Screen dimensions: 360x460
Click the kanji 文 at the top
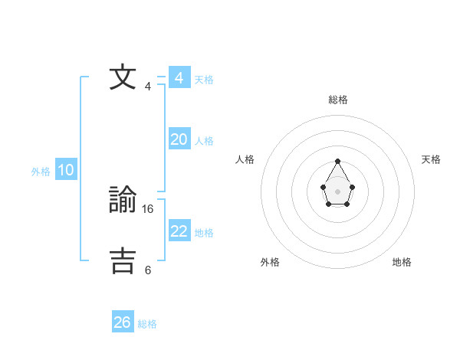(123, 78)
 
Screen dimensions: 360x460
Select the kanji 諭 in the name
(123, 201)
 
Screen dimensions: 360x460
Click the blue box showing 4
(179, 78)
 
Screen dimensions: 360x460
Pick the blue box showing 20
(179, 139)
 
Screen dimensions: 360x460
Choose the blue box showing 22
(179, 231)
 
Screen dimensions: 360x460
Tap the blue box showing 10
(66, 170)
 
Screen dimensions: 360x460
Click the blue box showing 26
(123, 322)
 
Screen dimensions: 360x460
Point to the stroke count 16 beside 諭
(149, 208)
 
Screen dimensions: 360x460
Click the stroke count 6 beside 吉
(148, 270)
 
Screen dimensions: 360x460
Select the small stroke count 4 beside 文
(148, 86)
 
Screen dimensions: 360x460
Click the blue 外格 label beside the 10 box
(41, 172)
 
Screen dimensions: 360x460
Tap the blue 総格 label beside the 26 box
(147, 324)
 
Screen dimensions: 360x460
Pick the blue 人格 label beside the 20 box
(204, 141)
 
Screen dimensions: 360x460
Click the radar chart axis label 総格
(337, 100)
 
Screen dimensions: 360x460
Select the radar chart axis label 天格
(431, 159)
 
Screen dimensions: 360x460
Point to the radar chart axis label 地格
(402, 262)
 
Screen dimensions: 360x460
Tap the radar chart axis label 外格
(270, 262)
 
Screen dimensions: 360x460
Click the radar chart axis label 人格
(245, 159)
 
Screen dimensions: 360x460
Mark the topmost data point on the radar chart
(337, 161)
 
